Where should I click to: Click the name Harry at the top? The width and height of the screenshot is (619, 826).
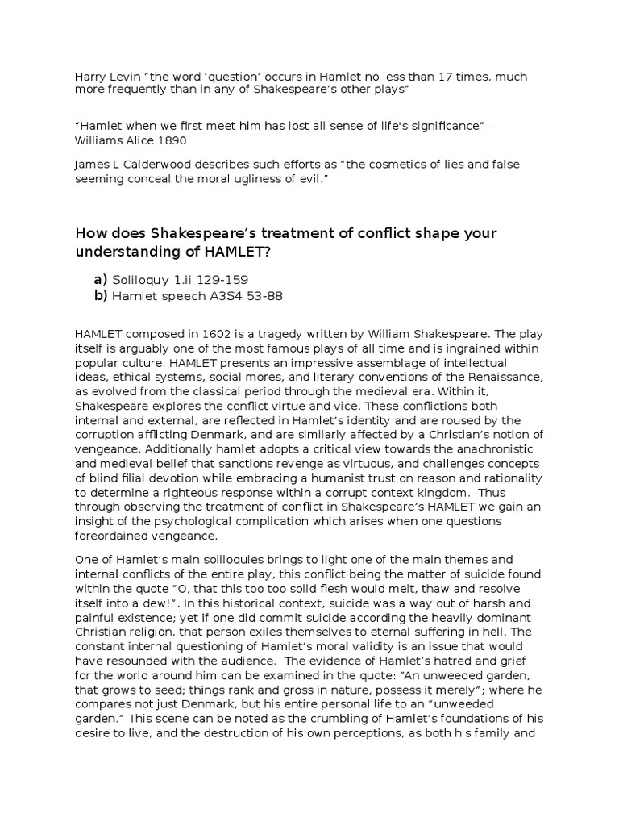87,77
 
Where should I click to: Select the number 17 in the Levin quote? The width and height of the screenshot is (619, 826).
426,77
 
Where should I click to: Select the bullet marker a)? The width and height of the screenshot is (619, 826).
100,279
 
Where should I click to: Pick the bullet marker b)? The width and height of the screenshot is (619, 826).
100,296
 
